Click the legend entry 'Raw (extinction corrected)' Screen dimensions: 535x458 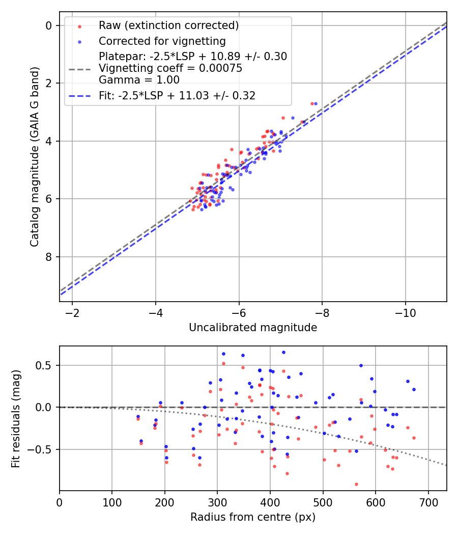168,25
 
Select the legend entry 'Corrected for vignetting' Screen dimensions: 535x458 162,41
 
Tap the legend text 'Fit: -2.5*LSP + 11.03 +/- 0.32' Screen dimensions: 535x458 177,95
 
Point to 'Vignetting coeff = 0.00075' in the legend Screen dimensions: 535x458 170,68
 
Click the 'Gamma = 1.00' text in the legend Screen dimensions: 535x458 139,80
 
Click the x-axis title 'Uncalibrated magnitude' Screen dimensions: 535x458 253,328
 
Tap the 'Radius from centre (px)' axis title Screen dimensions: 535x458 253,517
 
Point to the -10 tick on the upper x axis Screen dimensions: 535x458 405,311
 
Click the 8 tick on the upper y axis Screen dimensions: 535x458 49,257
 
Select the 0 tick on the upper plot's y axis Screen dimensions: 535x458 49,25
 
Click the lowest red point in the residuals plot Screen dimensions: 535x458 356,484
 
